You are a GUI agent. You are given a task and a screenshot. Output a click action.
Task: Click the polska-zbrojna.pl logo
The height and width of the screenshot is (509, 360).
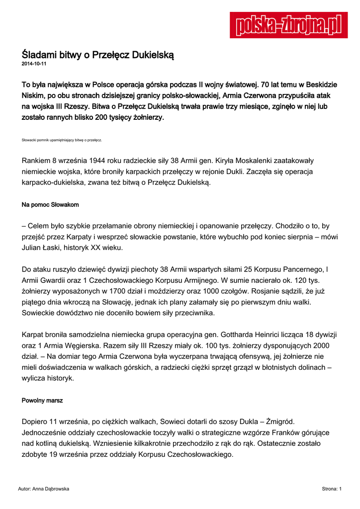(x=288, y=25)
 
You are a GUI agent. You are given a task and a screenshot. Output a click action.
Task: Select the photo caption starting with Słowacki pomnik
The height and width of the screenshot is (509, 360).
(x=62, y=140)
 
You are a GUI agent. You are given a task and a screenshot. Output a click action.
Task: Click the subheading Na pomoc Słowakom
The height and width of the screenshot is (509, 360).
(x=50, y=205)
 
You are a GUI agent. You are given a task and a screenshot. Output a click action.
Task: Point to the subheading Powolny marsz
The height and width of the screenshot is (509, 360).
(x=42, y=400)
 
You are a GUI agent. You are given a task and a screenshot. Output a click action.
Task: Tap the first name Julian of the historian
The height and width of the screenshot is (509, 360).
(x=33, y=247)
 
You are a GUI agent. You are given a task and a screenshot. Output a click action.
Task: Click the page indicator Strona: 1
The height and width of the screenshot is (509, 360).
(x=332, y=489)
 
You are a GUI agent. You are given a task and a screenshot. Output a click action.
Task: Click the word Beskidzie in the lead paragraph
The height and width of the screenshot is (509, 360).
(x=317, y=83)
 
